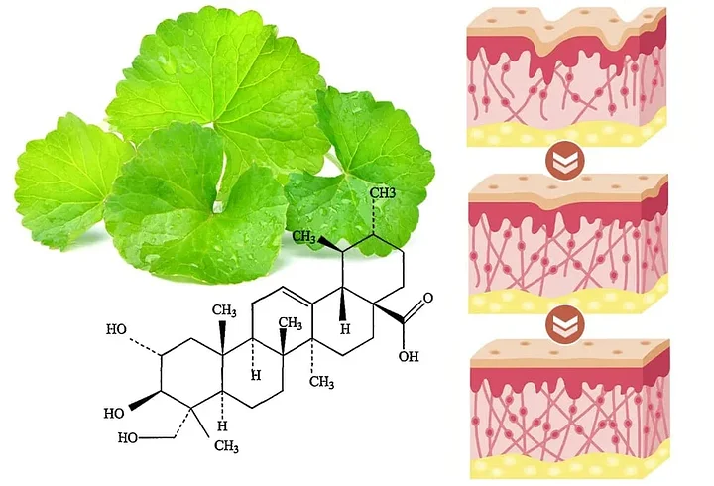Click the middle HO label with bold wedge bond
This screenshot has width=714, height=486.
pyautogui.click(x=116, y=410)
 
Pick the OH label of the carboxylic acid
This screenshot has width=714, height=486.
pyautogui.click(x=410, y=356)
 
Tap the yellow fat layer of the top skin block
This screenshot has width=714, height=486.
pyautogui.click(x=565, y=135)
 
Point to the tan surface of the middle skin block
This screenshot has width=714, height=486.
pyautogui.click(x=565, y=182)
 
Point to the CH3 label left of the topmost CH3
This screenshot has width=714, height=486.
pyautogui.click(x=307, y=238)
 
